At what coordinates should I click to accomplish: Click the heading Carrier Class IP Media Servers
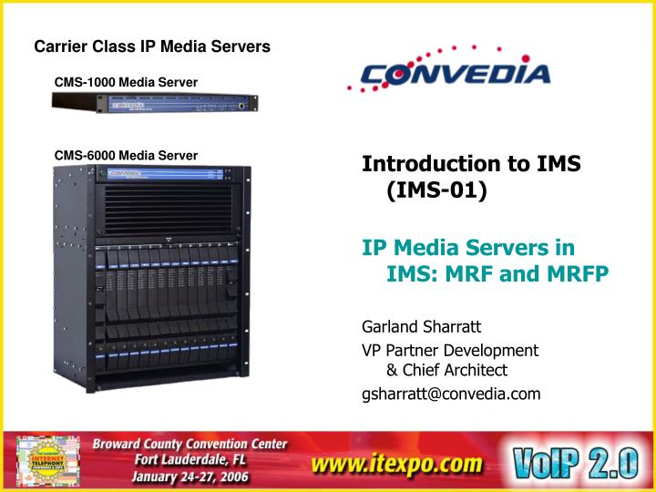click(152, 46)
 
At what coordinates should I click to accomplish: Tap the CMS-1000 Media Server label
click(126, 83)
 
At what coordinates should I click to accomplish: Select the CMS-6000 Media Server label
click(126, 156)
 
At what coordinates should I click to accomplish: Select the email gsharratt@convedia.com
click(451, 394)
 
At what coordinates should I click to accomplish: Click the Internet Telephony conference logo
click(46, 461)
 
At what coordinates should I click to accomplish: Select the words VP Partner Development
click(450, 350)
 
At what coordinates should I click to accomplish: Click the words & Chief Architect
click(446, 370)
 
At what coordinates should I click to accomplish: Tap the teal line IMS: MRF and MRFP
click(497, 273)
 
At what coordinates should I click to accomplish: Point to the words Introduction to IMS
click(471, 164)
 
